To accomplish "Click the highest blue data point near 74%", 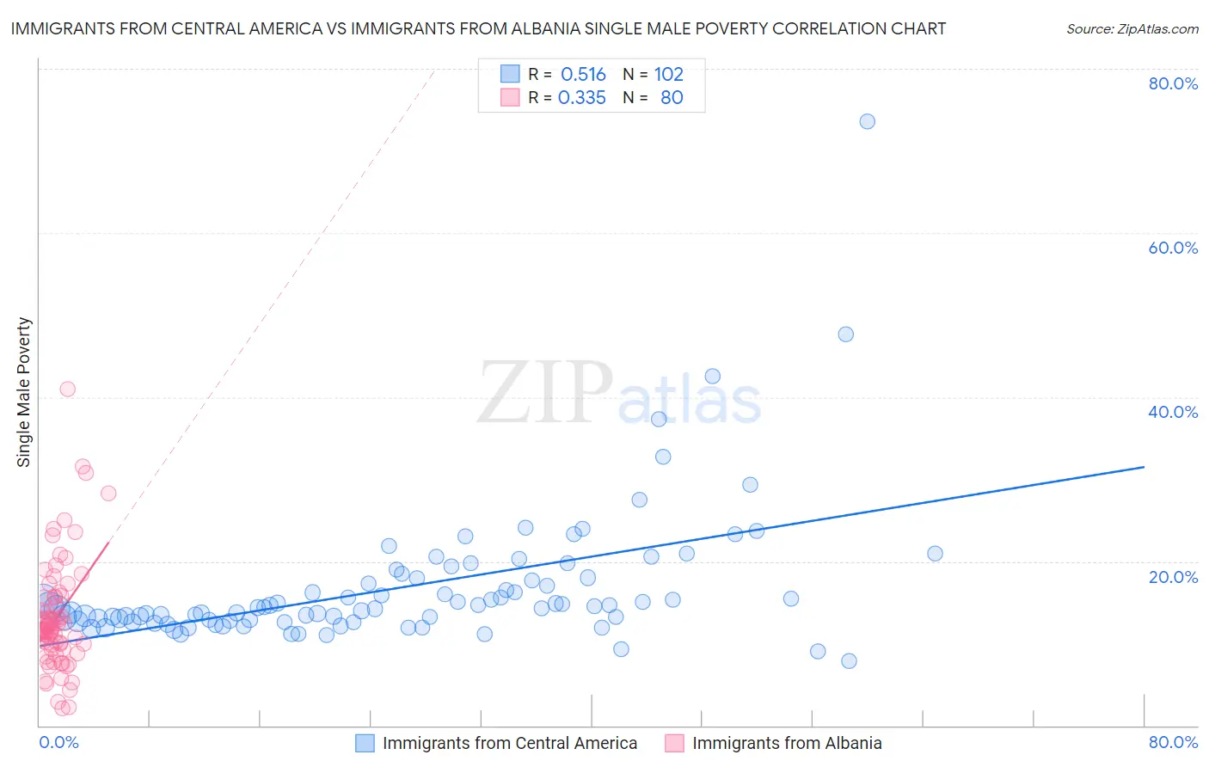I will tap(867, 121).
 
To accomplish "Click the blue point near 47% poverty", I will tap(845, 334).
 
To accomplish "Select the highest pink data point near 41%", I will tap(67, 389).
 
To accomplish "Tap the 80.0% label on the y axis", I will tap(1173, 83).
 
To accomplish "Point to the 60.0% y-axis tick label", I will tap(1173, 248).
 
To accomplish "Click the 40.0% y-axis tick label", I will tap(1173, 412).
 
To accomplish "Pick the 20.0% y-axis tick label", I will tap(1173, 576).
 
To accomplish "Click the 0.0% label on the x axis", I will tap(58, 742).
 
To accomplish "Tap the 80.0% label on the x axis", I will tap(1173, 742).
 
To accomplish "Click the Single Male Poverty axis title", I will tap(24, 392).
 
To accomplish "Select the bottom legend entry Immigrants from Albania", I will tap(786, 743).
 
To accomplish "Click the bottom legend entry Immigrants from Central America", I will tap(509, 743).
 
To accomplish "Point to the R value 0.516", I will tap(583, 75).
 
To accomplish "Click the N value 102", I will tap(668, 75).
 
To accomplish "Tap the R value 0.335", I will tap(582, 98).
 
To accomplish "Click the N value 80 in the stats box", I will tap(672, 98).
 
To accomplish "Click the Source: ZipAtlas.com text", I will tap(1132, 29).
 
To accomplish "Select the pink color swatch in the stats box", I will tap(510, 97).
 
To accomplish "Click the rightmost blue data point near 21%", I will tap(935, 553).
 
